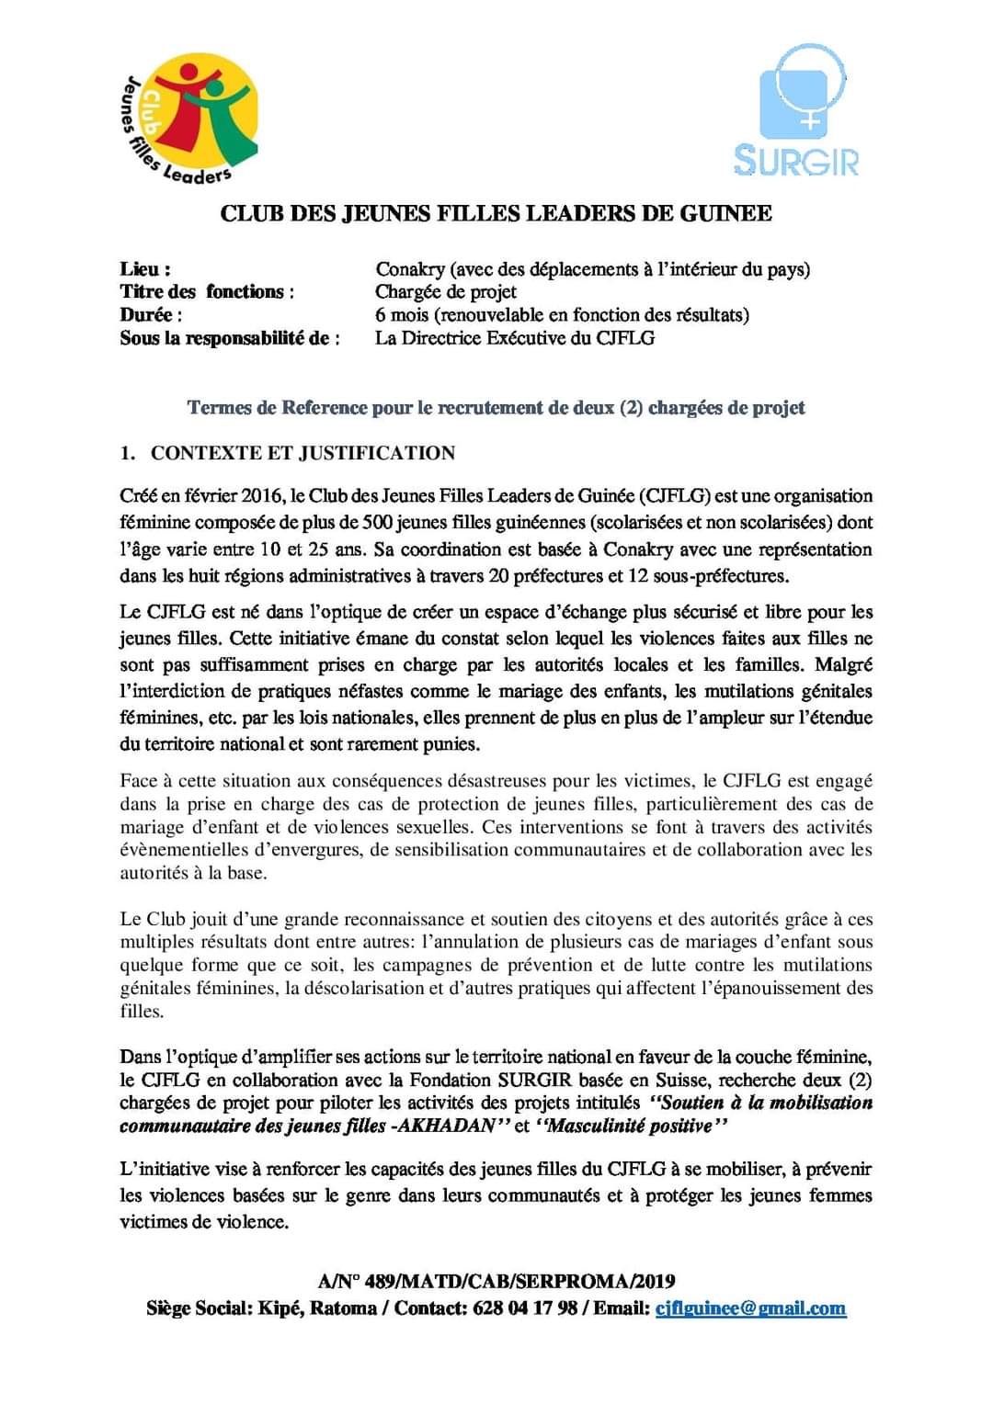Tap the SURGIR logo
(798, 111)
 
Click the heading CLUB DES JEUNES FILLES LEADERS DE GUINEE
(496, 214)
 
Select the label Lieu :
(145, 269)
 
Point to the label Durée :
(151, 314)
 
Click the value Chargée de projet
(446, 292)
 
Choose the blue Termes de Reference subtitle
(496, 407)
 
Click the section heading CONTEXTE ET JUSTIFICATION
(302, 453)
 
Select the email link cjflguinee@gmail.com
(750, 1308)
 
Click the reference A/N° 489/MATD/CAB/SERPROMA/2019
(496, 1281)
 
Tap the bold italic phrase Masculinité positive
(629, 1126)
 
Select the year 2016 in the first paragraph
(262, 496)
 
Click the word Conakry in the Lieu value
(410, 269)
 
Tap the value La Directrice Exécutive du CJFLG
(515, 338)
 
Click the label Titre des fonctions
(207, 292)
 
